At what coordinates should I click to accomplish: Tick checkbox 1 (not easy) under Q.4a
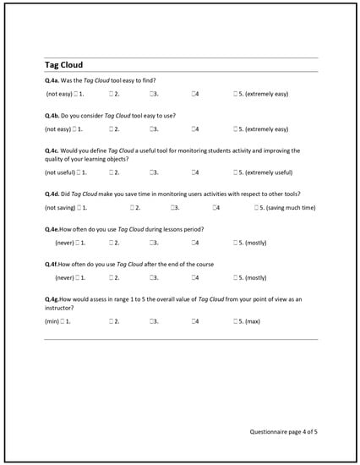coord(77,93)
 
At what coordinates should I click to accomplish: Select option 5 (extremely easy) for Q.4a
coord(237,93)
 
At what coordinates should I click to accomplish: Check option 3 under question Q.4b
coord(152,129)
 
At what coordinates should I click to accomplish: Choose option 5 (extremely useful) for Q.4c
coord(237,172)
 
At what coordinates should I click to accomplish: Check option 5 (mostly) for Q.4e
coord(237,243)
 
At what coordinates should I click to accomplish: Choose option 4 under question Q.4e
coord(194,243)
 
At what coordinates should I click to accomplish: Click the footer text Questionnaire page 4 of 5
coord(285,432)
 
